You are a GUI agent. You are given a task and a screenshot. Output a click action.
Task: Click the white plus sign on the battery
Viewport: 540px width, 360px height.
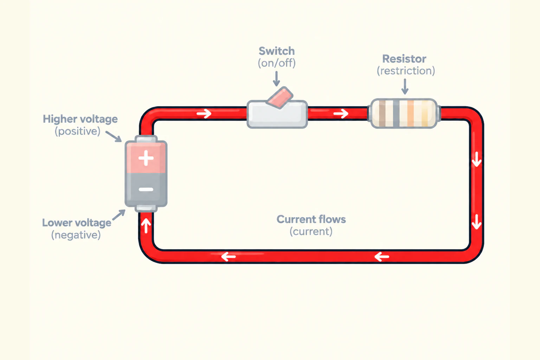[146, 158]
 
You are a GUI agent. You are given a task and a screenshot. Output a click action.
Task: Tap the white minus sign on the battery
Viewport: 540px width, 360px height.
[146, 189]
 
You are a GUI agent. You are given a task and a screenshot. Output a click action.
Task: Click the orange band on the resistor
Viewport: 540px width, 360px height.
[411, 113]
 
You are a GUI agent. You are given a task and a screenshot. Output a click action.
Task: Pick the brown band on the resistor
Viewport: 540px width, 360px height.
[382, 113]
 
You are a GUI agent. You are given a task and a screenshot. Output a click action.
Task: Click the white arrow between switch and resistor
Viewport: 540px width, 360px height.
[341, 113]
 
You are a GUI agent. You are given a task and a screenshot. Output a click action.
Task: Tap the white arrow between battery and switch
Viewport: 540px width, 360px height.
[204, 113]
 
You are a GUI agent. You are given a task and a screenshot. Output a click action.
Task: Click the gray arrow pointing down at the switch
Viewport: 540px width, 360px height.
[277, 79]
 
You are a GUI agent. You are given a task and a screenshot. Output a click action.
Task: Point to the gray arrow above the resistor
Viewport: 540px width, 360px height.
[405, 86]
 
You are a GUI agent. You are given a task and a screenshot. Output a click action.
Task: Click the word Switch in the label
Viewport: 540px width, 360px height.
[277, 51]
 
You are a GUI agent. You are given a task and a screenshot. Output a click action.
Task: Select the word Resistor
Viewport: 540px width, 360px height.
[404, 59]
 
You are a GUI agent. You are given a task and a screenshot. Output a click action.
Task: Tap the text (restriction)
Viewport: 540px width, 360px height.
[406, 71]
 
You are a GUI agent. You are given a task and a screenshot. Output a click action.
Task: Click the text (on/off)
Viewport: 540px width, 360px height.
[277, 63]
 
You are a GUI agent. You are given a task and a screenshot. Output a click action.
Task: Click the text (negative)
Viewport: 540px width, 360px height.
[76, 235]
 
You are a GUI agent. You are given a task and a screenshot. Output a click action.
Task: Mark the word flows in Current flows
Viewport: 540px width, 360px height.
[332, 219]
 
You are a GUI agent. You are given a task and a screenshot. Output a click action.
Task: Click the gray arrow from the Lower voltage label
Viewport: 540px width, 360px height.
[119, 215]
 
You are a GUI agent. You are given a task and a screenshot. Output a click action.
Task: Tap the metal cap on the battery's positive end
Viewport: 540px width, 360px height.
[146, 139]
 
